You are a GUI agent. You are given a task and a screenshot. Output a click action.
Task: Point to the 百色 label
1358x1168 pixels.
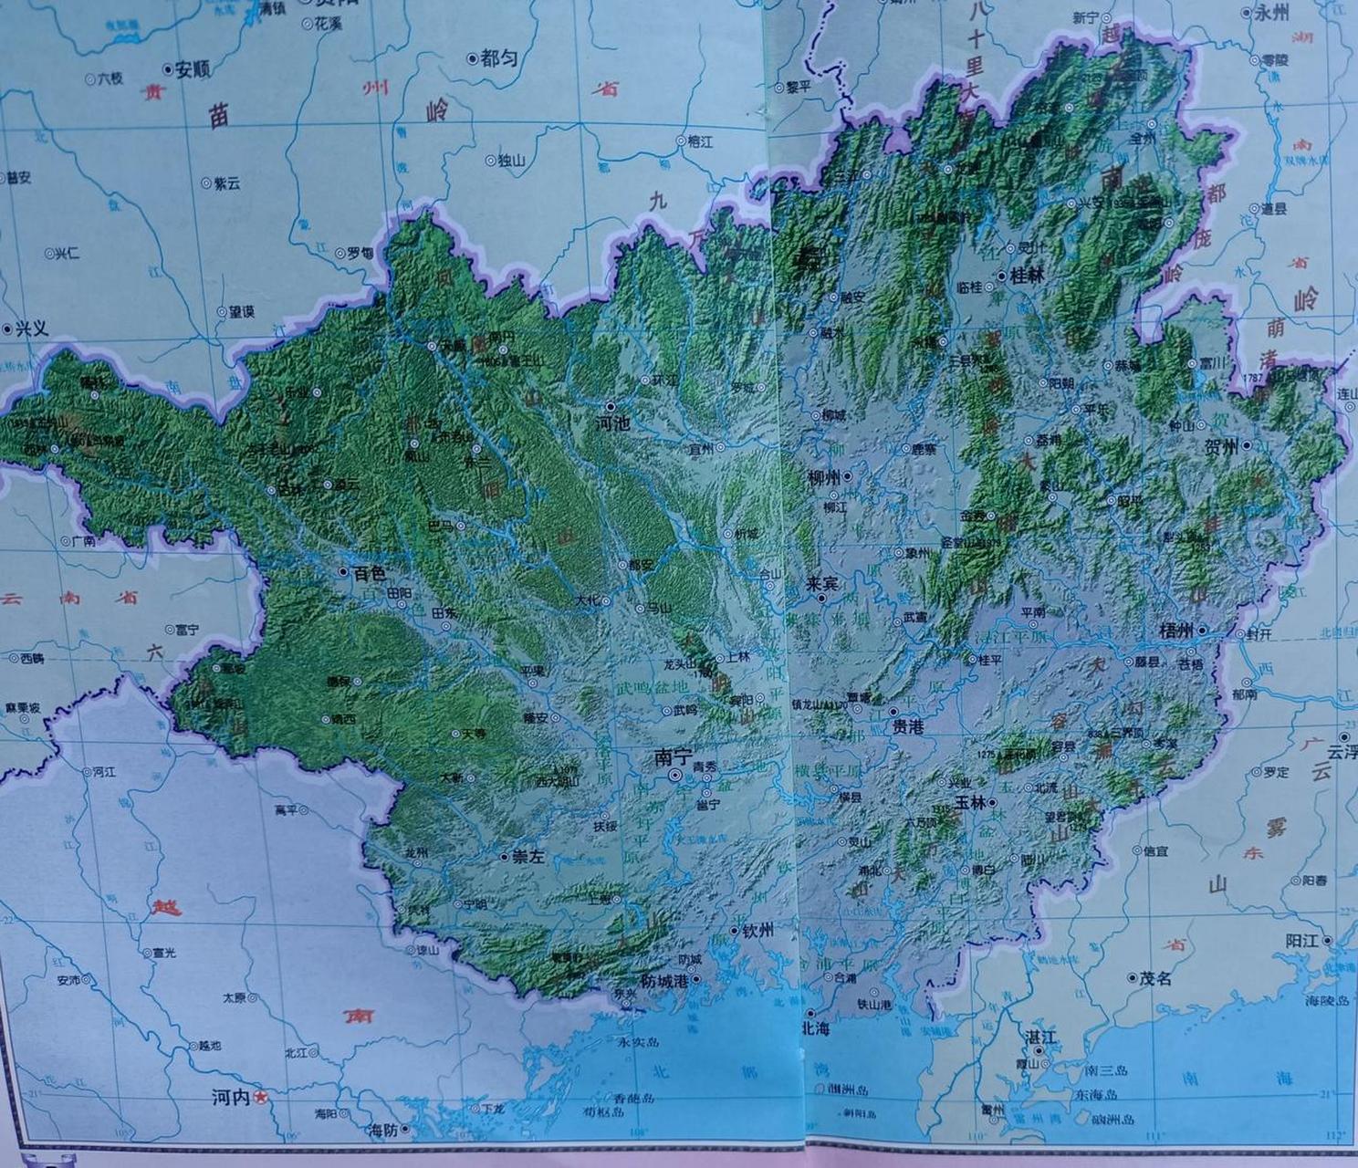click(x=369, y=573)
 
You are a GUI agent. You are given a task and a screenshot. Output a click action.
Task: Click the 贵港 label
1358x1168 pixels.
click(x=910, y=727)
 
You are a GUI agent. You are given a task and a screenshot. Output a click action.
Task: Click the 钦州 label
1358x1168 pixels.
click(x=757, y=930)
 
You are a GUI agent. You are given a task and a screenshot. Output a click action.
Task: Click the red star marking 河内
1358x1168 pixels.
click(x=261, y=1098)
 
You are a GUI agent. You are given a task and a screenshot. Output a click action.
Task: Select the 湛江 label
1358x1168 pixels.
click(x=1040, y=1038)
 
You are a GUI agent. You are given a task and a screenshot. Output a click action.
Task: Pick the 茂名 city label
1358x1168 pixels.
click(x=1155, y=978)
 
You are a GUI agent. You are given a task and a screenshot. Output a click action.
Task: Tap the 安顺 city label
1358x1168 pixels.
click(x=193, y=68)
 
